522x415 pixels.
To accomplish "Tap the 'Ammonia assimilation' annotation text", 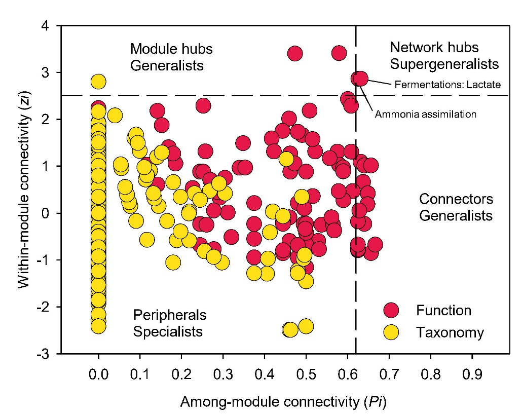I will [x=426, y=115].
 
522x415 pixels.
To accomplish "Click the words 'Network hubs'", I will [x=434, y=48].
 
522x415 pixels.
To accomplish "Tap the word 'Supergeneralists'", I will [x=444, y=64].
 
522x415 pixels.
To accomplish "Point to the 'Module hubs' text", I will [x=171, y=49].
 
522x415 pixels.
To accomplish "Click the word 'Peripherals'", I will [x=170, y=315].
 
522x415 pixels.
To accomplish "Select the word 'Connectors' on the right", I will [x=456, y=199].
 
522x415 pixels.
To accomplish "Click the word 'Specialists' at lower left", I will [x=168, y=332].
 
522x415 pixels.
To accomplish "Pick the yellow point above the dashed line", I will [x=98, y=82].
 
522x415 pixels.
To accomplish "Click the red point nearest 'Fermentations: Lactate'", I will [x=359, y=78].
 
